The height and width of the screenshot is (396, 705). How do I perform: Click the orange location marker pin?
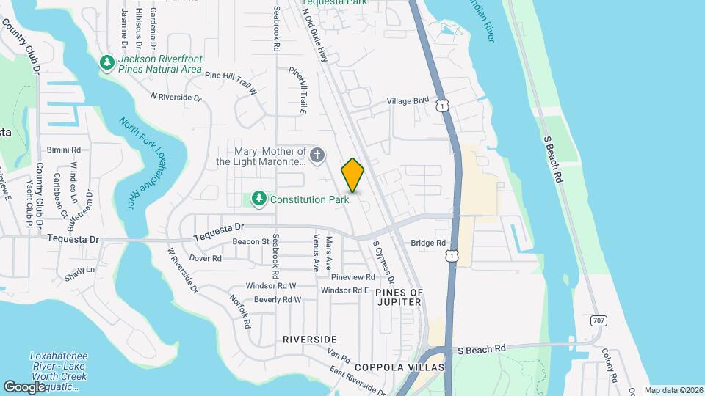352,176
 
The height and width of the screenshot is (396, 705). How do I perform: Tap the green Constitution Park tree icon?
258,198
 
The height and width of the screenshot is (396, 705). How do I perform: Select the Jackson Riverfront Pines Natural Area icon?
108,63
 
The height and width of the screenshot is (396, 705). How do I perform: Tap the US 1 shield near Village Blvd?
441,106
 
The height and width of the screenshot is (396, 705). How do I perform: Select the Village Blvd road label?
408,100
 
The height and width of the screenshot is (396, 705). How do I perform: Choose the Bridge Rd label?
428,243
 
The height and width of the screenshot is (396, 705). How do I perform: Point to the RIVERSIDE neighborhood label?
310,340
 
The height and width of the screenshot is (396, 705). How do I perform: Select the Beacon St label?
251,241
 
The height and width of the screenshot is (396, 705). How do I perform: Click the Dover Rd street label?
205,258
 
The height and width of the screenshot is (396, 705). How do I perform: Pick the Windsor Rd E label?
344,290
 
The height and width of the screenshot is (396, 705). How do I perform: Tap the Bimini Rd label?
64,150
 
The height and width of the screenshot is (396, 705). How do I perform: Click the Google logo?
24,386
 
